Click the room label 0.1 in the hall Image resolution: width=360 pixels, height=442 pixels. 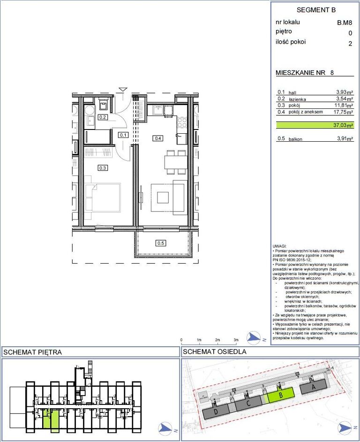(x=123, y=135)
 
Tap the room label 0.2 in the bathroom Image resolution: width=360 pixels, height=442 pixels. (x=103, y=117)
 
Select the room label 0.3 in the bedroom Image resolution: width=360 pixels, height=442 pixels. (x=103, y=168)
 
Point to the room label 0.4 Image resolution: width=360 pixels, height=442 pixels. (x=158, y=138)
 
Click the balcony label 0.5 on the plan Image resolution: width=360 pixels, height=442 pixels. (x=161, y=243)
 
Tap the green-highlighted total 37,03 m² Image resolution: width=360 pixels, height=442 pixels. (x=344, y=125)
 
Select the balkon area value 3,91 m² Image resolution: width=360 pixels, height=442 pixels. (x=345, y=138)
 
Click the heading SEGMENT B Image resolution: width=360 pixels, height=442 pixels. (x=316, y=10)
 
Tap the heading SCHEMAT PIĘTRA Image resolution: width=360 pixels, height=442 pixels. (x=32, y=352)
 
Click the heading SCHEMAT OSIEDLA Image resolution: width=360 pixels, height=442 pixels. (x=215, y=352)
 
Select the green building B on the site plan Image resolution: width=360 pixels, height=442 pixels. (x=281, y=395)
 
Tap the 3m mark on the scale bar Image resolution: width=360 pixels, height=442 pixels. (x=236, y=340)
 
